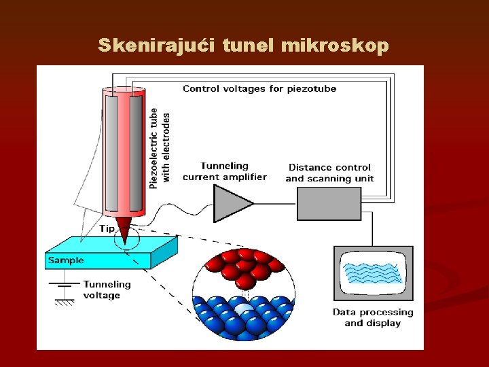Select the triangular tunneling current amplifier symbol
(x=232, y=203)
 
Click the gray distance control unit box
(x=329, y=203)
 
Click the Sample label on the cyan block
(x=66, y=260)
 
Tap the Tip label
(x=107, y=228)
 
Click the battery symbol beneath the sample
(x=65, y=285)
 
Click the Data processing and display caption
(x=372, y=317)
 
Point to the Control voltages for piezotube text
(x=259, y=88)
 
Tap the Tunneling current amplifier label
(x=225, y=171)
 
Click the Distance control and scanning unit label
(x=329, y=173)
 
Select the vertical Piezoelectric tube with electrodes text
(x=160, y=147)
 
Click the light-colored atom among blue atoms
(x=242, y=311)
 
